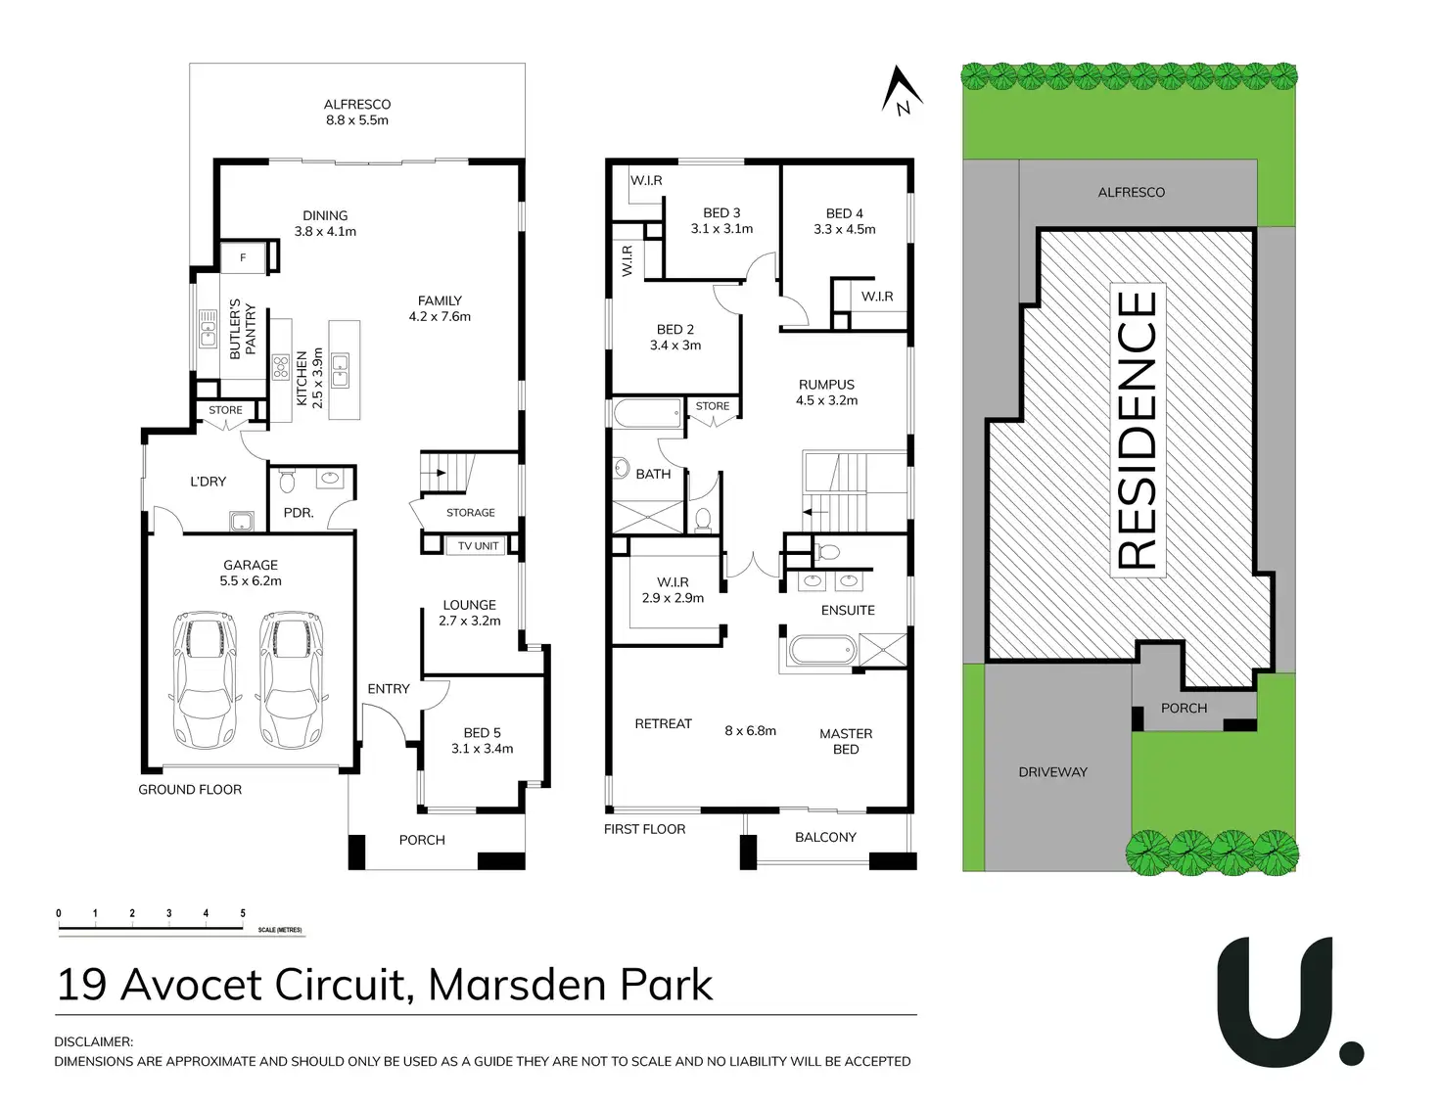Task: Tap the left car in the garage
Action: point(205,679)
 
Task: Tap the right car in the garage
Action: point(291,679)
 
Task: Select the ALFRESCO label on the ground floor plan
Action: point(357,105)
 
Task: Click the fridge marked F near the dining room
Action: point(244,257)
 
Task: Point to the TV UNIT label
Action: point(478,546)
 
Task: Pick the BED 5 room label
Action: point(482,733)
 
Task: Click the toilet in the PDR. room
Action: point(287,482)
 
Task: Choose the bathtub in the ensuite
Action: point(820,650)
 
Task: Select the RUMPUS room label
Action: point(826,385)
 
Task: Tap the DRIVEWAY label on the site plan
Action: point(1052,772)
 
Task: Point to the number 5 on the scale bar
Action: point(243,913)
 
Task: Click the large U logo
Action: point(1276,1000)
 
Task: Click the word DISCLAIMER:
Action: point(94,1041)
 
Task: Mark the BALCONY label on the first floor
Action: point(825,837)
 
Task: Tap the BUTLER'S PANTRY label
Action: point(243,330)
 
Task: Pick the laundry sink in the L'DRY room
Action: point(241,522)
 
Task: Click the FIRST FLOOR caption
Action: point(644,829)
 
